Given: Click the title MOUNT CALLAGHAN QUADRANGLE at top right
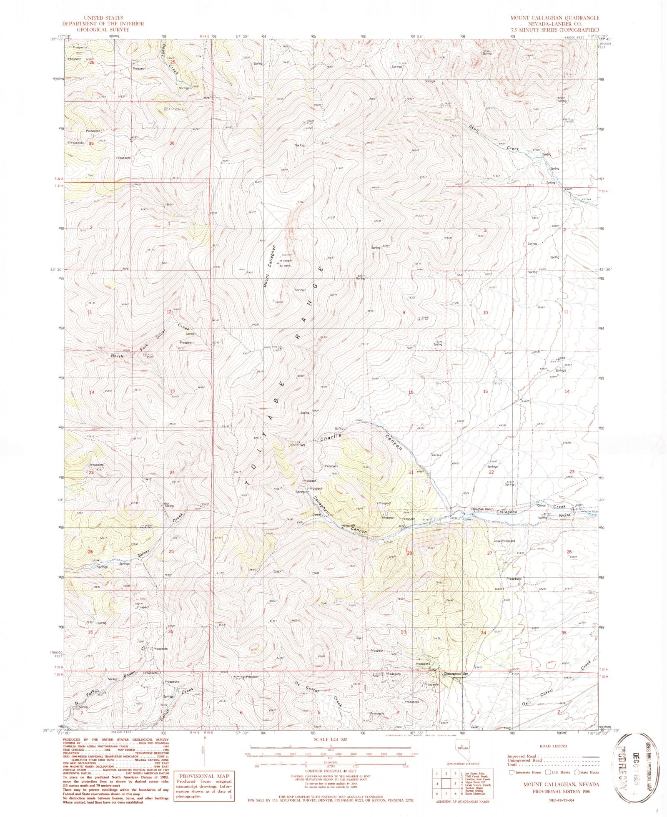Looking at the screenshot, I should click(x=554, y=18).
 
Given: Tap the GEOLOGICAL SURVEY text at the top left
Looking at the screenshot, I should click(x=103, y=30).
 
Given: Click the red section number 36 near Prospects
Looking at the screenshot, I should click(x=172, y=143).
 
